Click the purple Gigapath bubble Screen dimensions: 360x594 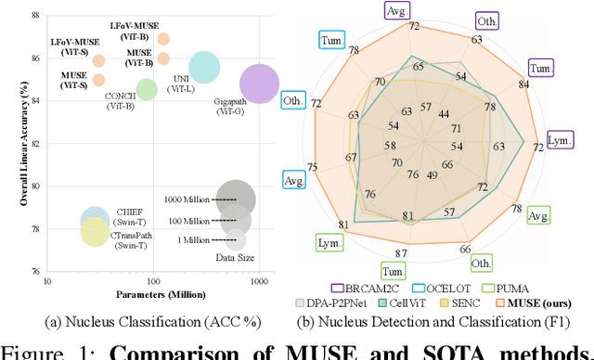[x=258, y=84]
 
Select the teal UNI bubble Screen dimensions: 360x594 [x=202, y=67]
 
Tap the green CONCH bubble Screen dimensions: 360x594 [x=147, y=89]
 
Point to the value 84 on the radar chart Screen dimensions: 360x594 [x=549, y=85]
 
